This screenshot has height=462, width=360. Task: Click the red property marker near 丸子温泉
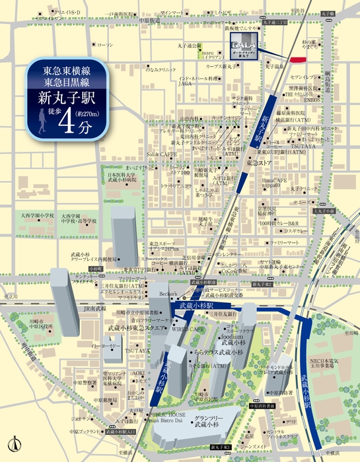pyautogui.click(x=299, y=61)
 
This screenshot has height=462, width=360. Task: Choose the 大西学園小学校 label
pyautogui.click(x=37, y=215)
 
